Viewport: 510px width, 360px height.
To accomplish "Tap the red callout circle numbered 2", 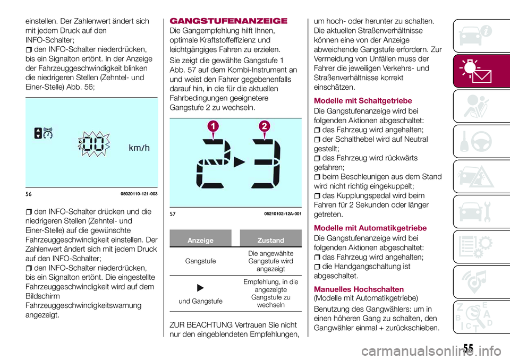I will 263,126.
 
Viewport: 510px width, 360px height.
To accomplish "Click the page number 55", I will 467,348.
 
